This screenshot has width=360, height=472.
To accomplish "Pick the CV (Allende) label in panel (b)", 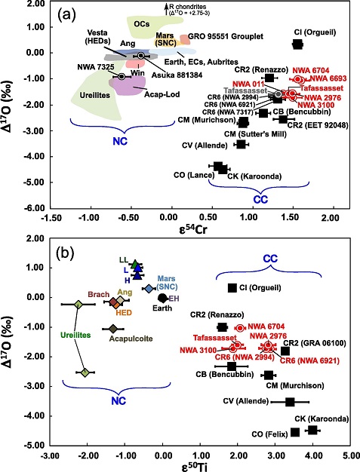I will (x=251, y=403).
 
